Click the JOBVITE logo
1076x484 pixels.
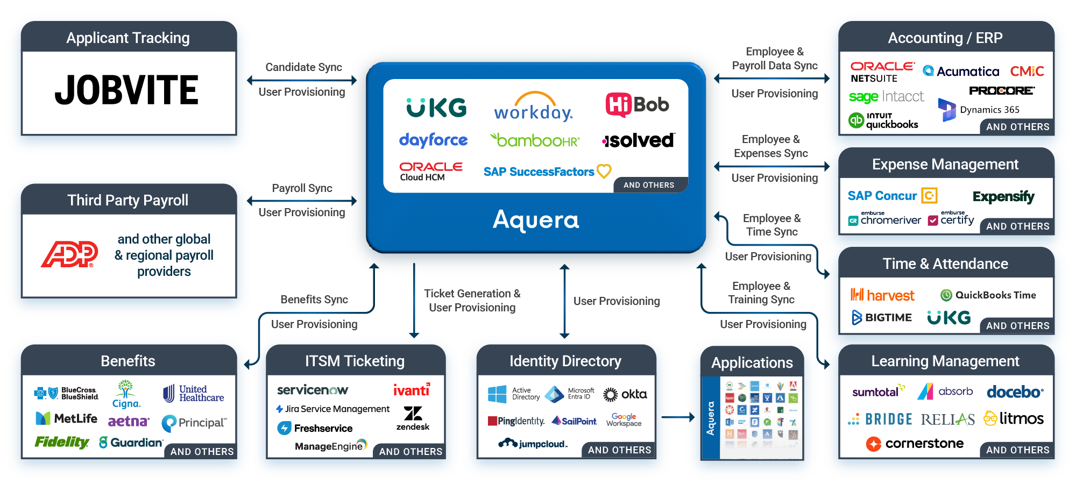[x=127, y=90]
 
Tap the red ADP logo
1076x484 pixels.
[x=69, y=254]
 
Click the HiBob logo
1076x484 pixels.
[x=637, y=105]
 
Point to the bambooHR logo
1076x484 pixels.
[x=535, y=140]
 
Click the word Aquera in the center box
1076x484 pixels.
[x=536, y=220]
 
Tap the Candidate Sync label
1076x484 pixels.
[x=303, y=67]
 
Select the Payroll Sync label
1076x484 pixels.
[x=302, y=188]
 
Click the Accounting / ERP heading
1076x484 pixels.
[x=945, y=38]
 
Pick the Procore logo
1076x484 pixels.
[x=1001, y=91]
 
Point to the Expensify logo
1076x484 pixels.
[x=1003, y=196]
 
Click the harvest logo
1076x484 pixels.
[x=882, y=295]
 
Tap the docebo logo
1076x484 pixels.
[x=1015, y=392]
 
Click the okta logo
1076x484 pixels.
[x=625, y=394]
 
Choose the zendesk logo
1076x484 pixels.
[x=413, y=418]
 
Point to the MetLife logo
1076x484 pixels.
[x=67, y=418]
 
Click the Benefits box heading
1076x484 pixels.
[x=128, y=361]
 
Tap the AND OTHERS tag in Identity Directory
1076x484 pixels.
[x=619, y=450]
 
